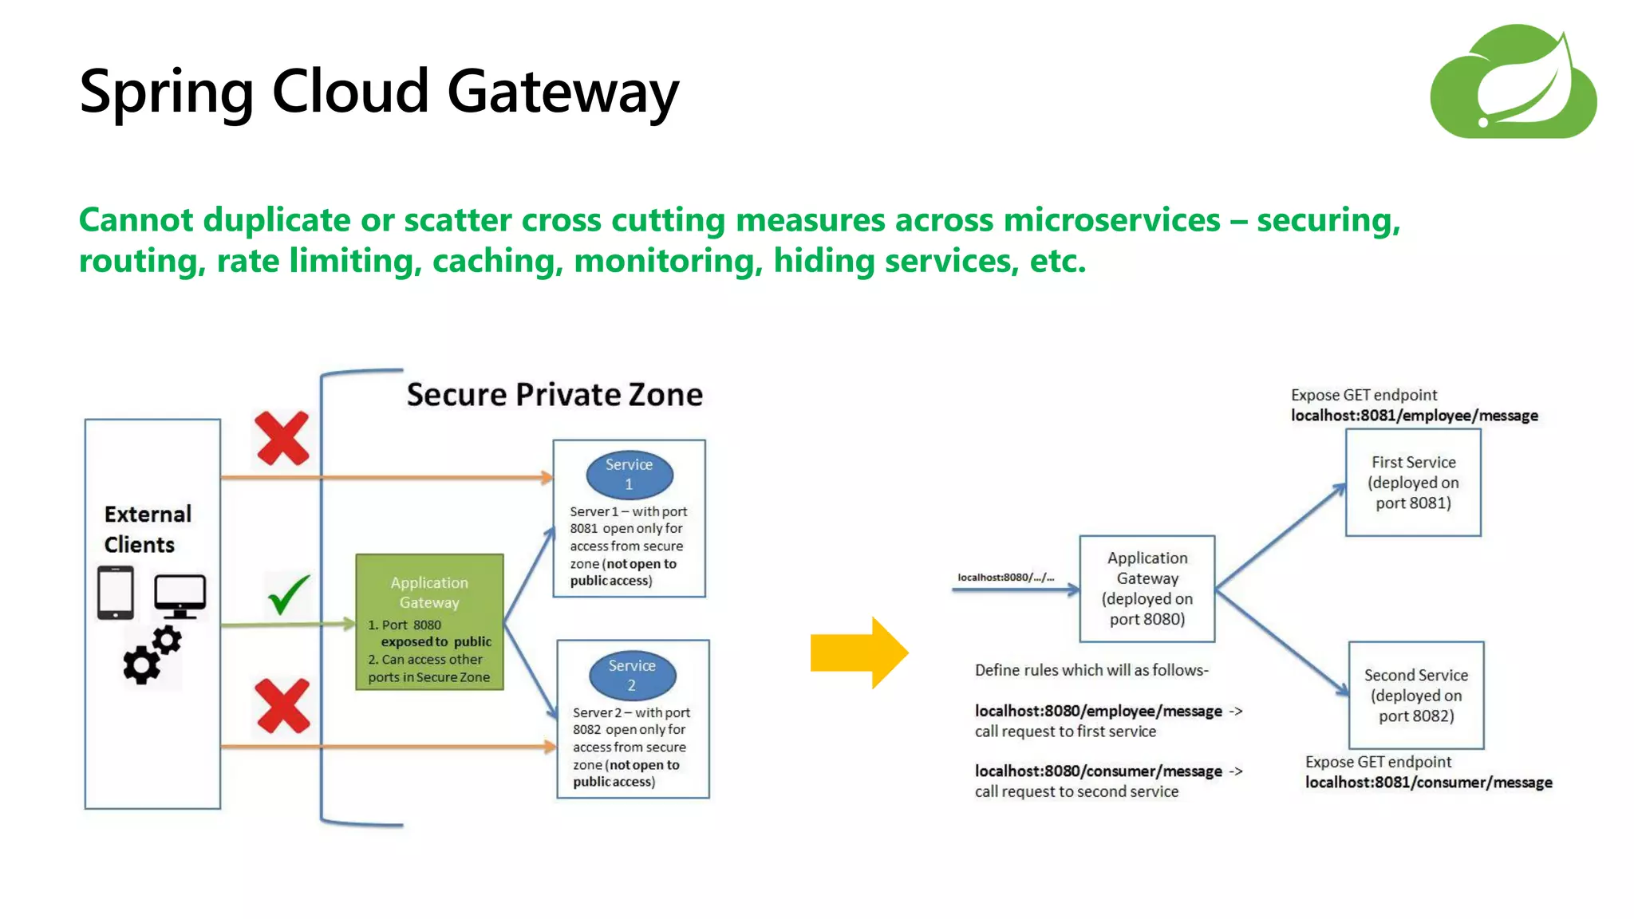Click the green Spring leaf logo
[x=1513, y=82]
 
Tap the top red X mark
[x=282, y=438]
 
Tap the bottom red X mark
[x=282, y=706]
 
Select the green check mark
[x=288, y=594]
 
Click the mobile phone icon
[x=116, y=593]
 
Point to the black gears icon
[x=152, y=655]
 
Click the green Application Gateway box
[x=429, y=621]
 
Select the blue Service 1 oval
[x=629, y=475]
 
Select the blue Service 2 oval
[x=632, y=675]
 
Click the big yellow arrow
[x=858, y=653]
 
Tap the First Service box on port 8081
[x=1413, y=483]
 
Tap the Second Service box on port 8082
[x=1416, y=695]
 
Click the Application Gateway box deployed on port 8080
[x=1147, y=589]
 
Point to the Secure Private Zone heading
[x=555, y=395]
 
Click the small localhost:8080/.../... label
[x=1005, y=577]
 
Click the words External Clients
[x=148, y=529]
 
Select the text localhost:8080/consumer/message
[x=1098, y=771]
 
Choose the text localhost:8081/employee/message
[x=1414, y=416]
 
